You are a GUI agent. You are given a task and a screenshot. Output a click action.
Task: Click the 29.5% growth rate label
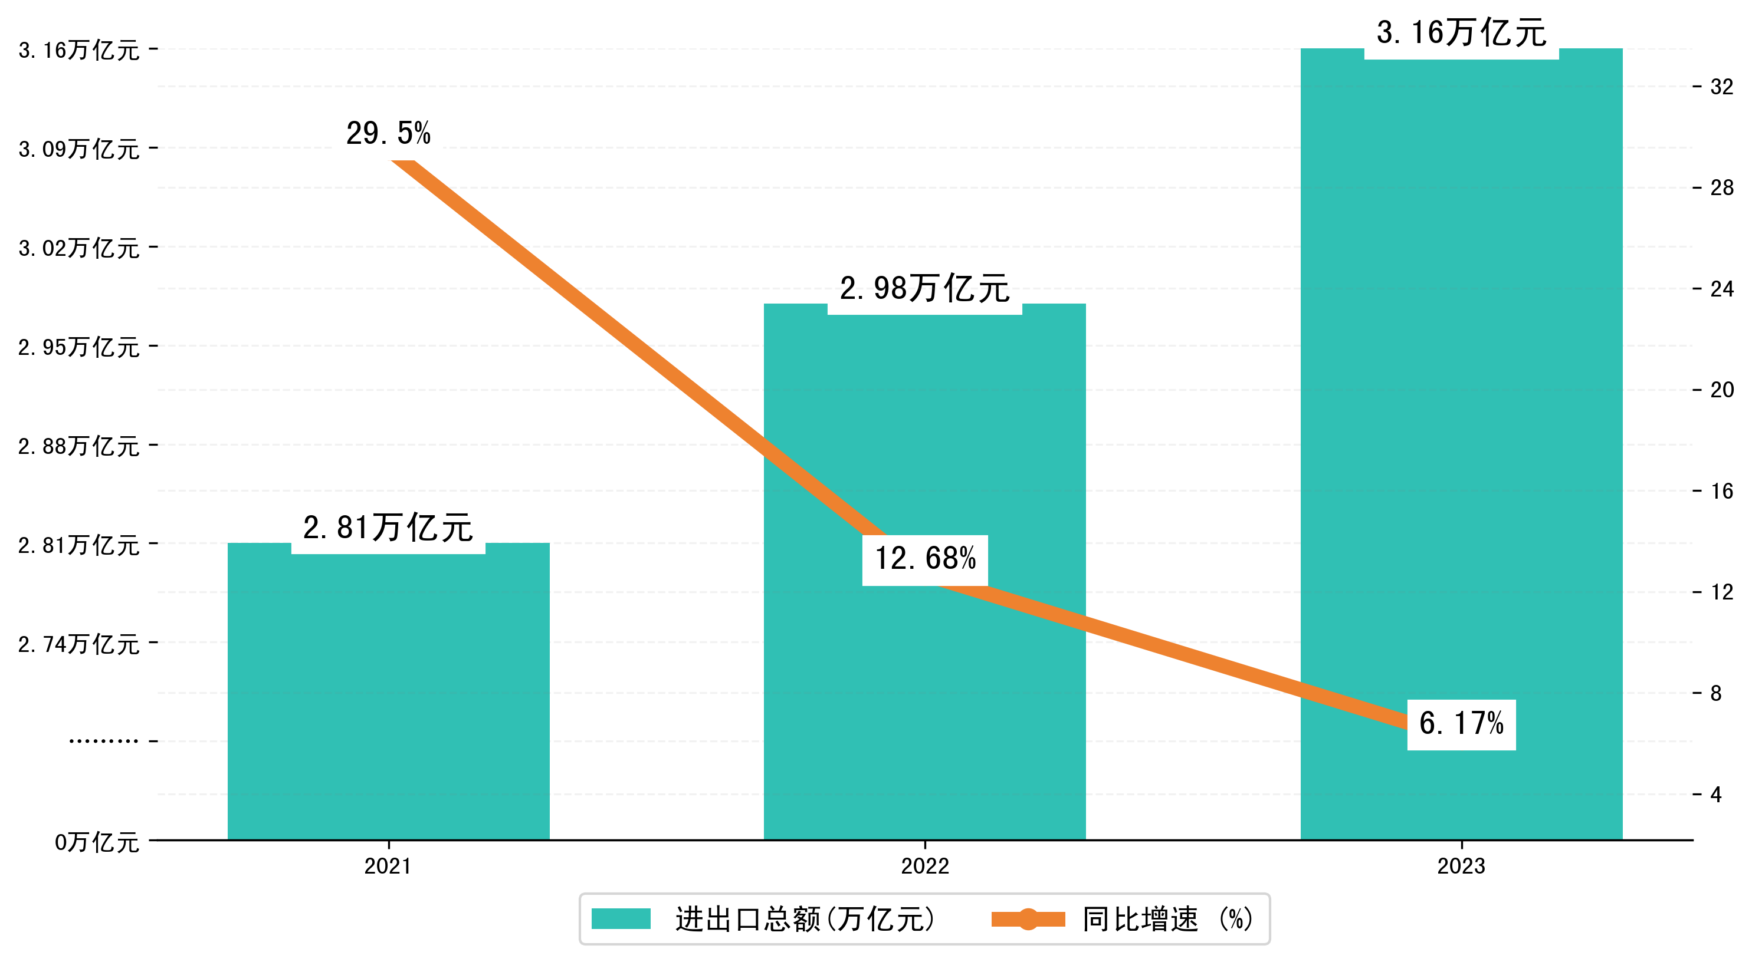coord(388,133)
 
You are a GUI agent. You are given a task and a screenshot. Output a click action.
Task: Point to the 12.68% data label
coord(925,559)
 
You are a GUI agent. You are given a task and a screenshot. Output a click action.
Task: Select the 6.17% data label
coord(1461,724)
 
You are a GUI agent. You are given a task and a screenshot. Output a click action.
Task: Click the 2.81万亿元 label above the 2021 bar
coord(388,528)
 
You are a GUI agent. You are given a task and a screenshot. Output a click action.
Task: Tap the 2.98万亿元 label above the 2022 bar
coord(924,289)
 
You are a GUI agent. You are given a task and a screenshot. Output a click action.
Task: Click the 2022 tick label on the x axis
coord(924,866)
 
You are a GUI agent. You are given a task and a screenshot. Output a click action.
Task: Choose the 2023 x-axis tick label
coord(1461,866)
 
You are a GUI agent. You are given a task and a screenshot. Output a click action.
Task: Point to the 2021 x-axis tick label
coord(388,866)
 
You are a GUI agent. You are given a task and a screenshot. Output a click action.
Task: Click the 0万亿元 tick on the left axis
coord(97,843)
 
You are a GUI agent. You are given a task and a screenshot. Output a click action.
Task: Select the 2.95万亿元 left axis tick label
coord(79,347)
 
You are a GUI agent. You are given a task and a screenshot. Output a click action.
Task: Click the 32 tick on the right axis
coord(1721,87)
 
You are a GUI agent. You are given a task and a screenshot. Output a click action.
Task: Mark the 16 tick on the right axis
coord(1721,492)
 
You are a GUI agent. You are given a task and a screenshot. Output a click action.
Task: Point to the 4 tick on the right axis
coord(1716,795)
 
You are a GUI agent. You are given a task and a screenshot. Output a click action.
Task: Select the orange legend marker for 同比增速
coord(1028,919)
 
